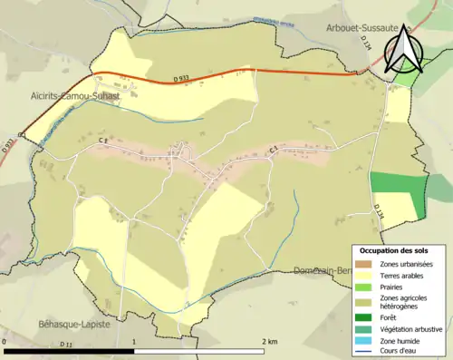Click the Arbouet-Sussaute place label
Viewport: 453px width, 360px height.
point(362,28)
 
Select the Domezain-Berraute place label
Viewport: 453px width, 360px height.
point(323,270)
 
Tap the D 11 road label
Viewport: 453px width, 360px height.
point(65,345)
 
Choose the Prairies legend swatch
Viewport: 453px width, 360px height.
point(364,285)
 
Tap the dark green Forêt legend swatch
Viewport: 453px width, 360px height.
point(364,317)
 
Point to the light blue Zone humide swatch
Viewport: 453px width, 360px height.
point(364,339)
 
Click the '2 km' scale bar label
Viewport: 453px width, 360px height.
point(269,342)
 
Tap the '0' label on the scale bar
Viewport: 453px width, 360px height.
point(5,342)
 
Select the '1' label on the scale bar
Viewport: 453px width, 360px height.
point(134,342)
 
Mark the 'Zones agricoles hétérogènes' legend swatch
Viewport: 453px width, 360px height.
point(364,301)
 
